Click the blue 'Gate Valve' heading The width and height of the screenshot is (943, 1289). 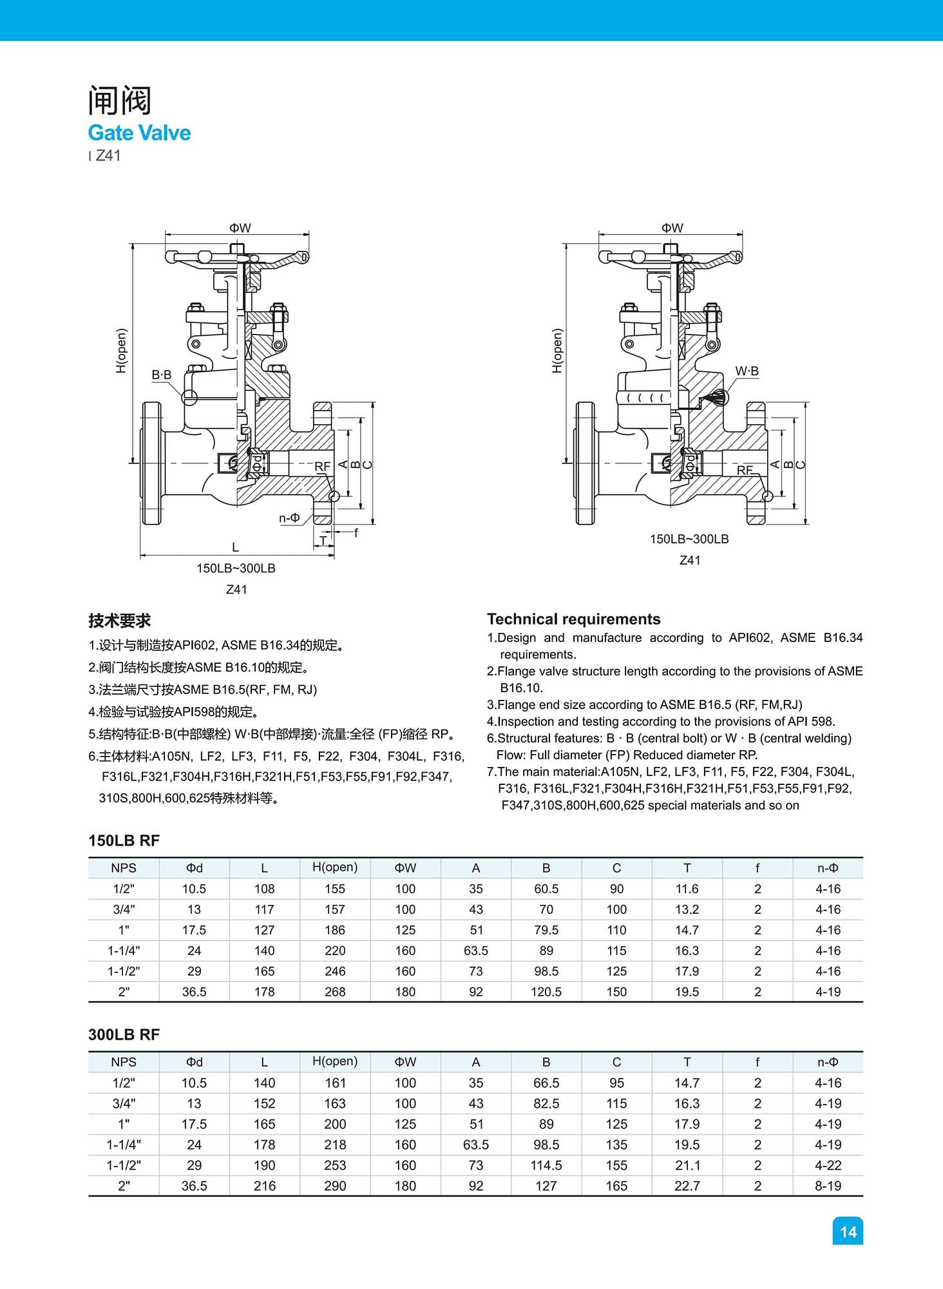[x=139, y=133]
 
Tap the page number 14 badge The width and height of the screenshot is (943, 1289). [x=848, y=1232]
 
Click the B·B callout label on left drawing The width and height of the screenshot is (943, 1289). [x=162, y=374]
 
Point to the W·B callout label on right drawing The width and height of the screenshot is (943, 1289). [x=747, y=371]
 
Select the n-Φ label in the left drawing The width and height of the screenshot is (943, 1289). [x=289, y=518]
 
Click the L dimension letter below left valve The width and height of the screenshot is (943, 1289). [x=235, y=547]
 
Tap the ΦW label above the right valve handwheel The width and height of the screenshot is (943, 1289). [x=672, y=228]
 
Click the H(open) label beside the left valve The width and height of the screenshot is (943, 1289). [x=121, y=351]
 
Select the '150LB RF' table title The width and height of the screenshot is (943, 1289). [x=124, y=840]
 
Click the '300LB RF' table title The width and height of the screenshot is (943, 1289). [x=124, y=1034]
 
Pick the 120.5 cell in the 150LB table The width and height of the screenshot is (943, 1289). [x=546, y=992]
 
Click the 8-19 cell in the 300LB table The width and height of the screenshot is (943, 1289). [x=828, y=1186]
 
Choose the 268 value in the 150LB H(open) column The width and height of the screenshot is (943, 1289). [x=335, y=992]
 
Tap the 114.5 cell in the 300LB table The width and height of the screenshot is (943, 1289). [x=546, y=1165]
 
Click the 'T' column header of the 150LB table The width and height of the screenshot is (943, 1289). [x=687, y=868]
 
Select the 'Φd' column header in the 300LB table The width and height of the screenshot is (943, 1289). [x=194, y=1062]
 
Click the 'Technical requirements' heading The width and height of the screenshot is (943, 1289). [x=573, y=619]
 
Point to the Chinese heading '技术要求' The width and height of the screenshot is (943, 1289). [x=119, y=621]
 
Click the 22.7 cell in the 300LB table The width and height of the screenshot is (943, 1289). [x=687, y=1186]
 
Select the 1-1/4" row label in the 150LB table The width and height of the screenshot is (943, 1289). [x=124, y=951]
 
